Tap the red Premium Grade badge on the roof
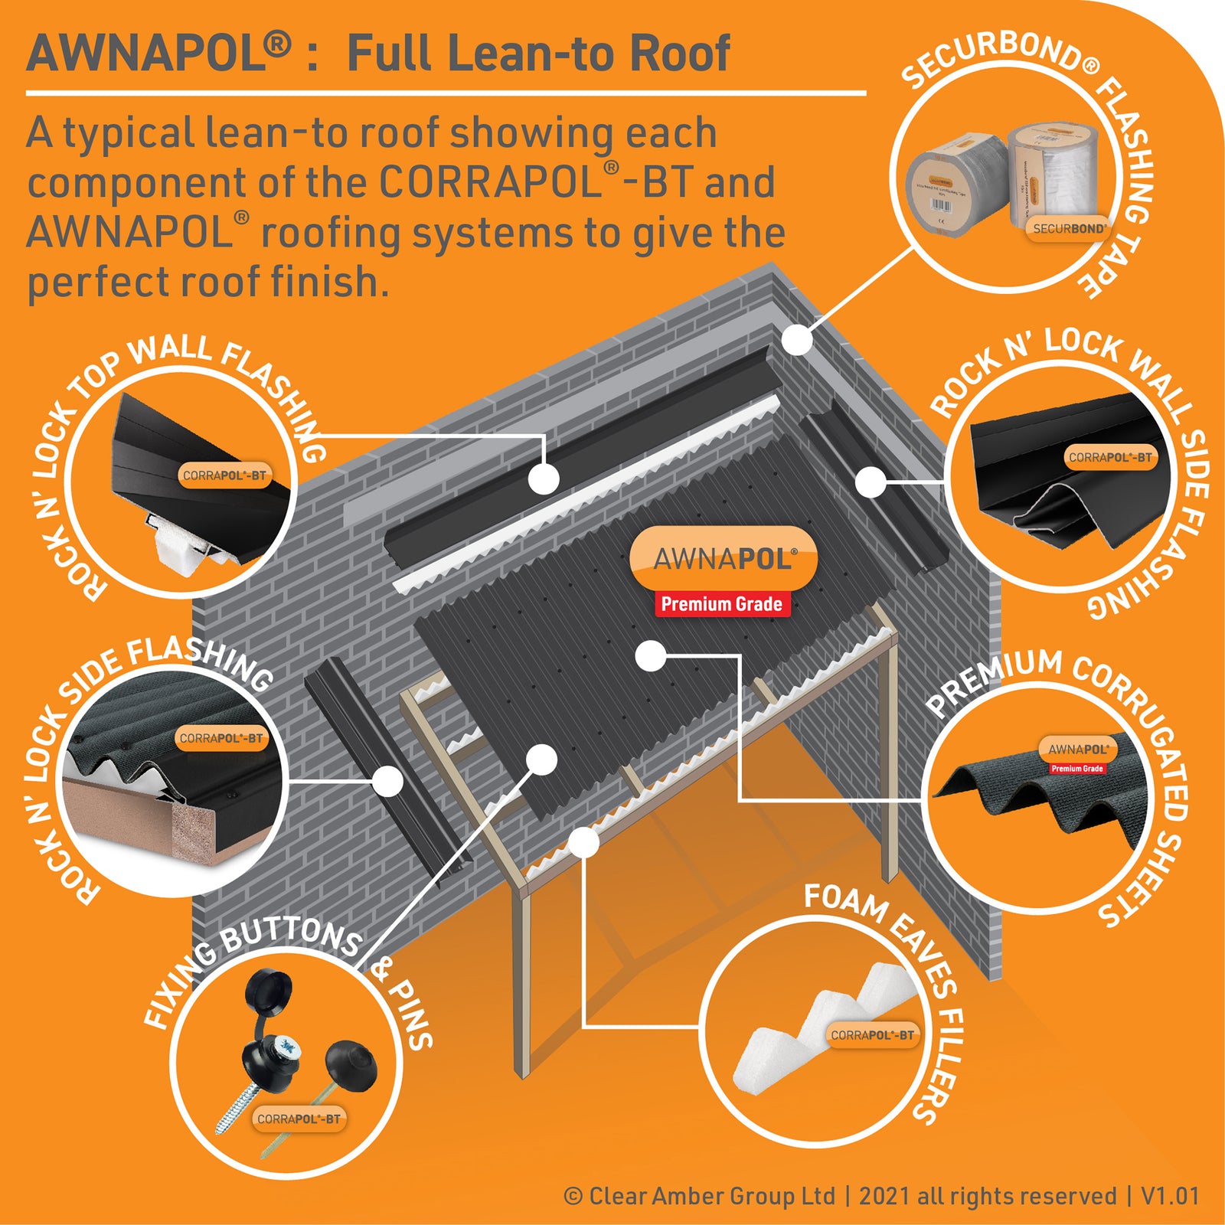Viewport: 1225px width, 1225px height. (721, 604)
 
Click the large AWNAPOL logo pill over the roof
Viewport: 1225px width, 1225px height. (723, 559)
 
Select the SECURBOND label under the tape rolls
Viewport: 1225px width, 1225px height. (1069, 228)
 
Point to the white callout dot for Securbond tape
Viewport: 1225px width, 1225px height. (797, 339)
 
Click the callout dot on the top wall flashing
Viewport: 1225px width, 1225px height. (544, 479)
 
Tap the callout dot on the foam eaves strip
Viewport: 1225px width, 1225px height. (584, 843)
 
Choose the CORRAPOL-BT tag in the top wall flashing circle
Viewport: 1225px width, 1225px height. (224, 475)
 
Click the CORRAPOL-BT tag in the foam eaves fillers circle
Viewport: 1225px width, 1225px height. (873, 1035)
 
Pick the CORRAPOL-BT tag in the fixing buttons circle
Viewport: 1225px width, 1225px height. (299, 1119)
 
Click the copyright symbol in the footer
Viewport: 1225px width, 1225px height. (573, 1196)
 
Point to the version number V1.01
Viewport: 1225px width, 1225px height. (1170, 1196)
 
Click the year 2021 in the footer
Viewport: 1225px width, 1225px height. (885, 1196)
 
